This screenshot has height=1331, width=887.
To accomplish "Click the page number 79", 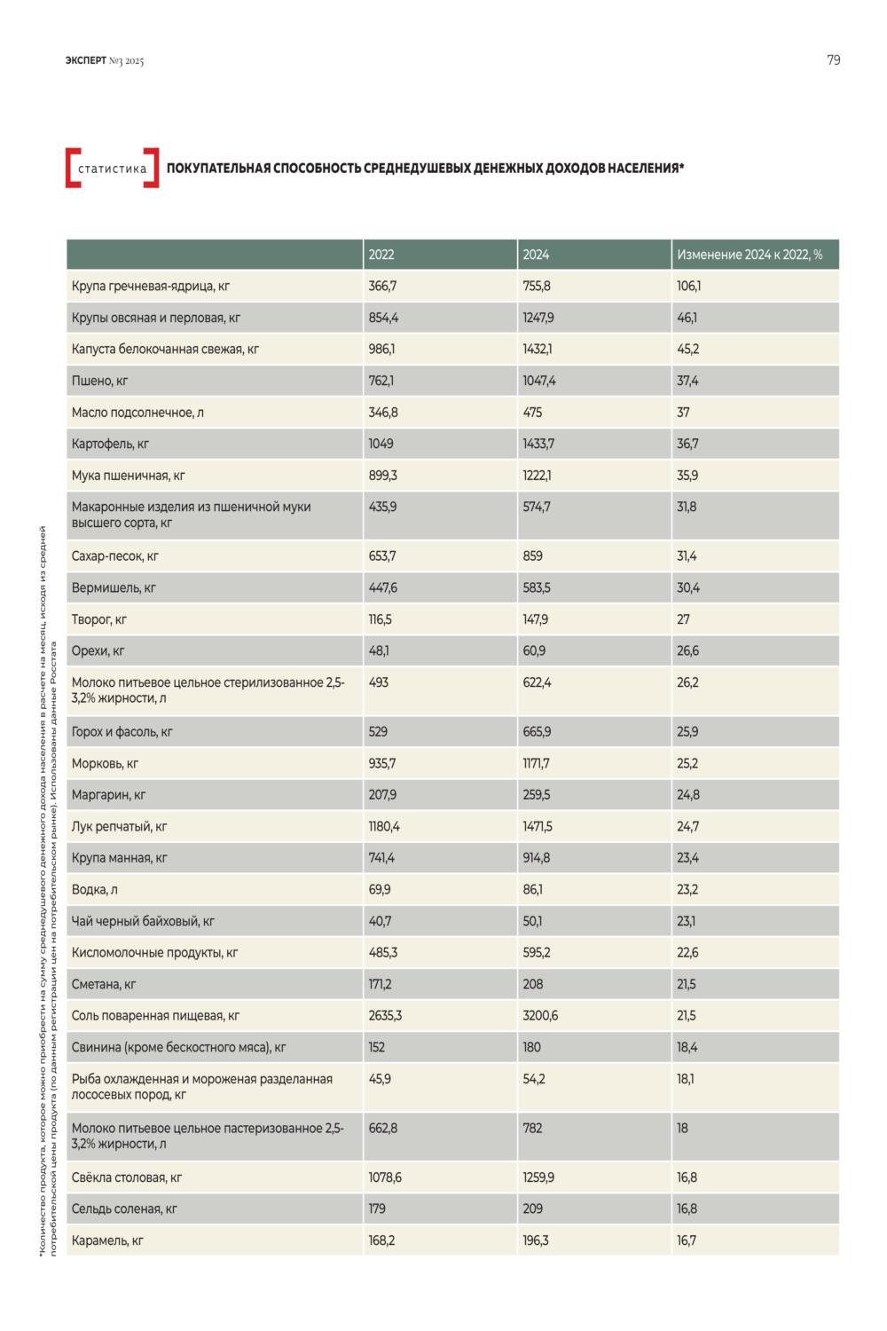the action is (x=833, y=60).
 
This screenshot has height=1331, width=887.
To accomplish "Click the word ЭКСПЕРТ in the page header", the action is (x=85, y=60).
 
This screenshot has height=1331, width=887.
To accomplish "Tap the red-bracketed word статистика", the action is (x=113, y=169).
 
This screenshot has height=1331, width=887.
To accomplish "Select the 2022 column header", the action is (x=381, y=255).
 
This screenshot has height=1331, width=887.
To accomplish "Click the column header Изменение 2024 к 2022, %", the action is (x=750, y=255).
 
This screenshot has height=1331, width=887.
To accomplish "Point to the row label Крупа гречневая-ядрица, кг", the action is (x=150, y=287).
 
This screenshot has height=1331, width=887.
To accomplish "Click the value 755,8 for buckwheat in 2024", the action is (x=536, y=287).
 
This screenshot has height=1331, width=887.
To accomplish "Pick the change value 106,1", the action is (x=688, y=287).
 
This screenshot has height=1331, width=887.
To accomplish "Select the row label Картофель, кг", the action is (x=110, y=445).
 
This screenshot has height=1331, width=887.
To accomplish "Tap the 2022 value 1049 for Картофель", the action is (x=381, y=444).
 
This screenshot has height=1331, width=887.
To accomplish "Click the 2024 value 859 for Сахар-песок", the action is (x=532, y=556).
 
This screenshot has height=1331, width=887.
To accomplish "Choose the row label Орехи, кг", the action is (x=98, y=651).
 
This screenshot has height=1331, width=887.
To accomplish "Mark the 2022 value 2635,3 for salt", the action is (x=384, y=1015).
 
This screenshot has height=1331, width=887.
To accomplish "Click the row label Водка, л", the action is (x=94, y=890).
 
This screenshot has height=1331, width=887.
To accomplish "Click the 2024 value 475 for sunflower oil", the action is (x=531, y=413).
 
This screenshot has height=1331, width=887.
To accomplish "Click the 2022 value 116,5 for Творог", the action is (x=380, y=619).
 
